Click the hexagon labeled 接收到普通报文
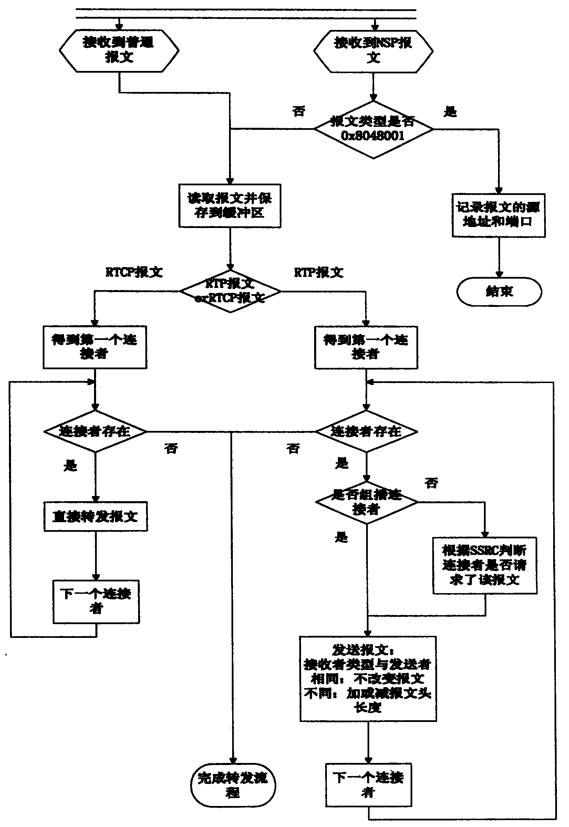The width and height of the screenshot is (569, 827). (119, 51)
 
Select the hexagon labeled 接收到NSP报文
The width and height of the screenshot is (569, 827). (373, 51)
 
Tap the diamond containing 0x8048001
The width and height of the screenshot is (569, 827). (373, 129)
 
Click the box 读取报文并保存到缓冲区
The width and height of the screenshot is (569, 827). (230, 206)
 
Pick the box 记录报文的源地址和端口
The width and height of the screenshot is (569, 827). (498, 215)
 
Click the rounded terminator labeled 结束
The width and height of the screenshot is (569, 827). (499, 292)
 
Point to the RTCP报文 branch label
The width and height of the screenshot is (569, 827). (134, 272)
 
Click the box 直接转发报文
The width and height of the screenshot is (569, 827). (95, 517)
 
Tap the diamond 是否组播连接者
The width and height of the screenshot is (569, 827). (366, 502)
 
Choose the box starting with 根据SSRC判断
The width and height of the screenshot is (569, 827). (485, 565)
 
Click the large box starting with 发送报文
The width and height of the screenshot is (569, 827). (368, 679)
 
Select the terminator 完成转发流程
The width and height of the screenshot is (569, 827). (232, 785)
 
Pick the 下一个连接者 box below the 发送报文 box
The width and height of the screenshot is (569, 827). (368, 785)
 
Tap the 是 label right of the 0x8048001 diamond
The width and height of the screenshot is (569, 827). (450, 112)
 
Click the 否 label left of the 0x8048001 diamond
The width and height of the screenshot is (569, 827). (299, 111)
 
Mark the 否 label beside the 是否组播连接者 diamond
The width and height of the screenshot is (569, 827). (431, 483)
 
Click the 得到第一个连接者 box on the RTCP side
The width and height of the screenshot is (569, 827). (95, 347)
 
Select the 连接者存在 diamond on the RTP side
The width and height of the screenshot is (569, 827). (366, 431)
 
